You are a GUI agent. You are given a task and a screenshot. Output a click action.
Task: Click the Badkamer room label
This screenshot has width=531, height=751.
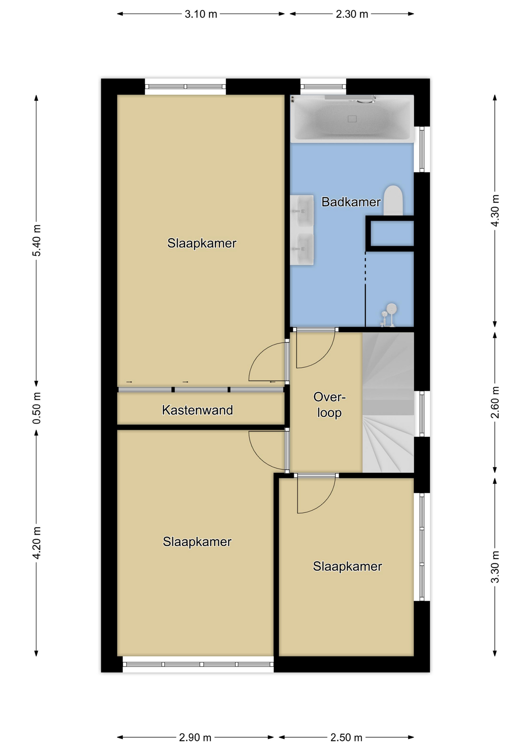pyautogui.click(x=351, y=202)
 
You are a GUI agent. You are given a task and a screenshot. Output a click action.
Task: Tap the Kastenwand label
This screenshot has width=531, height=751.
pyautogui.click(x=197, y=410)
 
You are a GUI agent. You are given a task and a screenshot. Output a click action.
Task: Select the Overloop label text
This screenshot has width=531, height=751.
pyautogui.click(x=329, y=405)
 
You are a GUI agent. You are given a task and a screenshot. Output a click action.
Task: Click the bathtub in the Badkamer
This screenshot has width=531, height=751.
pyautogui.click(x=352, y=119)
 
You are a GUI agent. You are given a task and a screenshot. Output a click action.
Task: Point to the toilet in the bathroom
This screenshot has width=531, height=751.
pyautogui.click(x=393, y=200)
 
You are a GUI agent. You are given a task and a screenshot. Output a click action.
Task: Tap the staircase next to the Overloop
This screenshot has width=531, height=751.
pyautogui.click(x=388, y=402)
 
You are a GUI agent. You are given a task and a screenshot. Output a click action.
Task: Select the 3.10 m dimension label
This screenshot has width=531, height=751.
pyautogui.click(x=201, y=14)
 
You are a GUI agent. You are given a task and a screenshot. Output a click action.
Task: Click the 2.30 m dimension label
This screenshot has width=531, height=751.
pyautogui.click(x=352, y=14)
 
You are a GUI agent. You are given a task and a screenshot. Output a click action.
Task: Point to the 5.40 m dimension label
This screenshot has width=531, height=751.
pyautogui.click(x=36, y=240)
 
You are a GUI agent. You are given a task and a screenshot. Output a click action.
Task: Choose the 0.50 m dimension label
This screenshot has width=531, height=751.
pyautogui.click(x=36, y=408)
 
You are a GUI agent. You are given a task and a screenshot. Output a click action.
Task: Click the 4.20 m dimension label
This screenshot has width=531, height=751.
pyautogui.click(x=36, y=543)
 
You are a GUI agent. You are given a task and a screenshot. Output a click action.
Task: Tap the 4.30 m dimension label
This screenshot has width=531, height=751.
pyautogui.click(x=495, y=210)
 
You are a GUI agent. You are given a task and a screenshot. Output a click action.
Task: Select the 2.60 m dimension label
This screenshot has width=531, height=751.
pyautogui.click(x=495, y=402)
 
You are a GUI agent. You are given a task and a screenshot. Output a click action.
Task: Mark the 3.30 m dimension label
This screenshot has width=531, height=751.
pyautogui.click(x=495, y=567)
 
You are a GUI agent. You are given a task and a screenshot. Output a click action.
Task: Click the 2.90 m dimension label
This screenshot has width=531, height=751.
pyautogui.click(x=195, y=737)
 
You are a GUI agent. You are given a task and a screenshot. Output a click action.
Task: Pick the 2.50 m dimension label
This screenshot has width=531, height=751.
pyautogui.click(x=346, y=737)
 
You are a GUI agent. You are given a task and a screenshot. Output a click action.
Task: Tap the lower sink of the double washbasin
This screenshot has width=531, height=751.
pyautogui.click(x=302, y=249)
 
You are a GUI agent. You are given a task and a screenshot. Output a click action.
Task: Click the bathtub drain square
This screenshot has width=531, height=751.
pyautogui.click(x=352, y=119)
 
